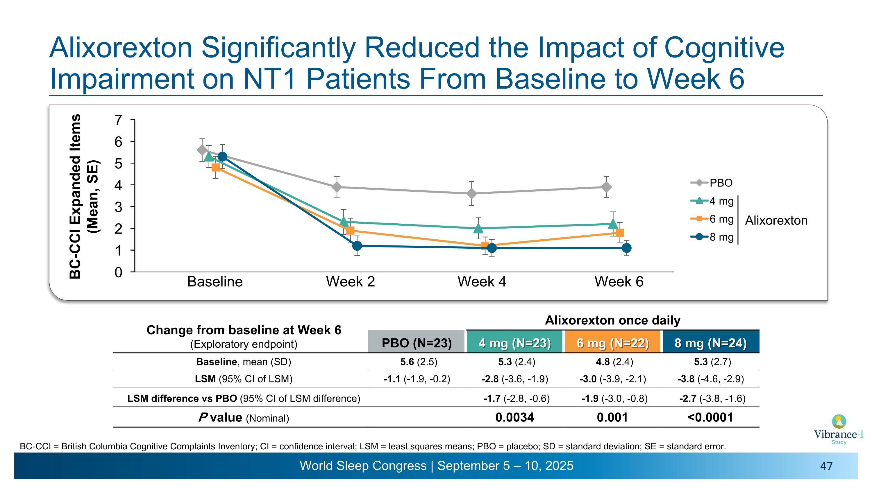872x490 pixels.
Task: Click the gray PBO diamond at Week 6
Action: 606,187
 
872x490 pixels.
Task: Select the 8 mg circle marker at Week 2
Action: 357,246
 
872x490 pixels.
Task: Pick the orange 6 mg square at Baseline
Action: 215,167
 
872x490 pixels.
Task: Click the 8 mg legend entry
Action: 712,237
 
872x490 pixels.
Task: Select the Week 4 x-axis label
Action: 482,282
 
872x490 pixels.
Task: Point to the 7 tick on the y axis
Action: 118,120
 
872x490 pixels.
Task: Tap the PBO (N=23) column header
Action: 416,343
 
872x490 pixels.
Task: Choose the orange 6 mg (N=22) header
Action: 612,343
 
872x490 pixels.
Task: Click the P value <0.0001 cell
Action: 710,417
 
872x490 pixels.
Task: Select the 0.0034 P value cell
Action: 514,417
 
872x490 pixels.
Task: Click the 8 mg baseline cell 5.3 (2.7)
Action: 712,362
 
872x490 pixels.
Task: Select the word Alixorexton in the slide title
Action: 121,48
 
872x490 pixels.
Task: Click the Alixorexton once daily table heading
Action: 612,320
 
